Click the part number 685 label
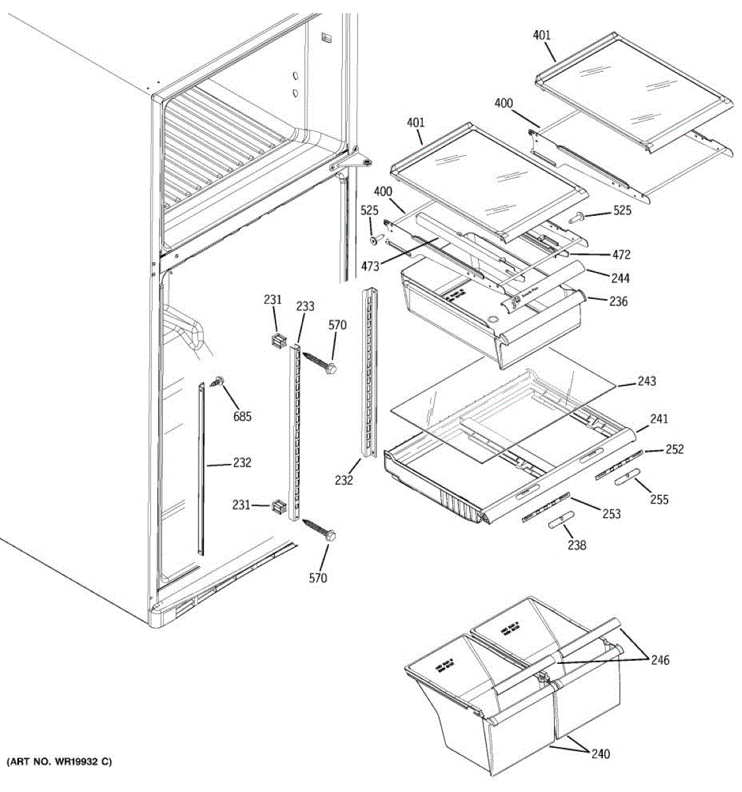point(243,416)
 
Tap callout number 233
point(305,306)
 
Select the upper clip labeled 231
point(277,341)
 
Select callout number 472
point(621,255)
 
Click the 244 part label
point(619,279)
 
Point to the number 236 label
point(619,302)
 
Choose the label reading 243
point(646,381)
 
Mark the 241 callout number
point(658,418)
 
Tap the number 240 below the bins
point(600,754)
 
